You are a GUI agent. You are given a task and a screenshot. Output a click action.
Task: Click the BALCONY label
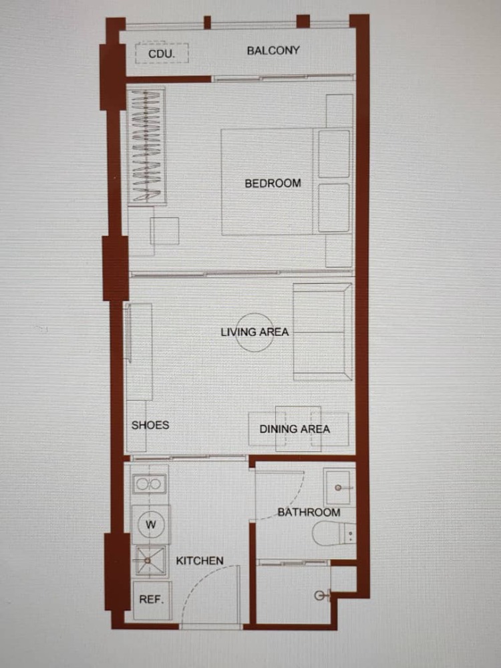[273, 50]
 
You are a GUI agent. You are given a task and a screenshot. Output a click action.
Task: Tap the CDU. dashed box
[162, 53]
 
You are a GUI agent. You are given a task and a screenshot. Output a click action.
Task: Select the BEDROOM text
[273, 183]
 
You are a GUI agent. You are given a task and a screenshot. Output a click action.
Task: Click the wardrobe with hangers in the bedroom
[146, 146]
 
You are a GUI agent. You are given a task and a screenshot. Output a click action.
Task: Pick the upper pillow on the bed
[334, 154]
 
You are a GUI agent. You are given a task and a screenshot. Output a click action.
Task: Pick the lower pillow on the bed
[334, 208]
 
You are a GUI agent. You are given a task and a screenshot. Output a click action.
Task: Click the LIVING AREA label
[255, 332]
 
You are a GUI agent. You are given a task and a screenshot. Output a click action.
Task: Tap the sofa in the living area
[323, 331]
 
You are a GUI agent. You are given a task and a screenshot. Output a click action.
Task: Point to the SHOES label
[150, 425]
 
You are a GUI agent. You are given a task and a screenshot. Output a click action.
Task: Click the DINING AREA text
[295, 429]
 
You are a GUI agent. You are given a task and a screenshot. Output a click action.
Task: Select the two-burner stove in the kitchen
[149, 484]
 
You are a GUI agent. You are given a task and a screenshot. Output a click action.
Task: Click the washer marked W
[151, 524]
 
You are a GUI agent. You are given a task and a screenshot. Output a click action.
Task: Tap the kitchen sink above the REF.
[150, 561]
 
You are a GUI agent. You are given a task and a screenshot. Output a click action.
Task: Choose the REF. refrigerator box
[152, 601]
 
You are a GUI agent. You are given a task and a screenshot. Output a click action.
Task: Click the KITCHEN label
[199, 560]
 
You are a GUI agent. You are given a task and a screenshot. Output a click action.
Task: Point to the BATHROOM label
[309, 512]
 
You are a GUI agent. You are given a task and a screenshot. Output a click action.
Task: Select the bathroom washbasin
[339, 486]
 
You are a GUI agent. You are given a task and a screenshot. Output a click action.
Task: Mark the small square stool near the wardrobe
[164, 231]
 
